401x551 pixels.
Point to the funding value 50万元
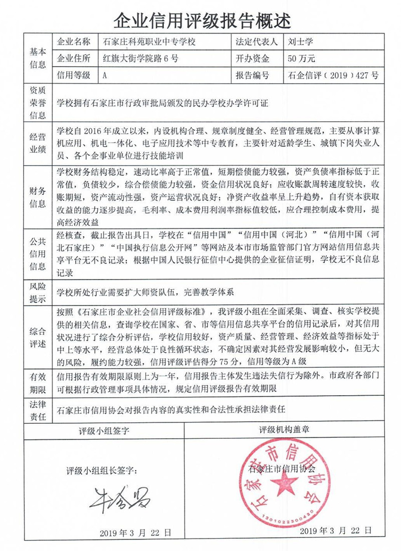(302, 59)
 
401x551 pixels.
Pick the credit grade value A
(105, 76)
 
